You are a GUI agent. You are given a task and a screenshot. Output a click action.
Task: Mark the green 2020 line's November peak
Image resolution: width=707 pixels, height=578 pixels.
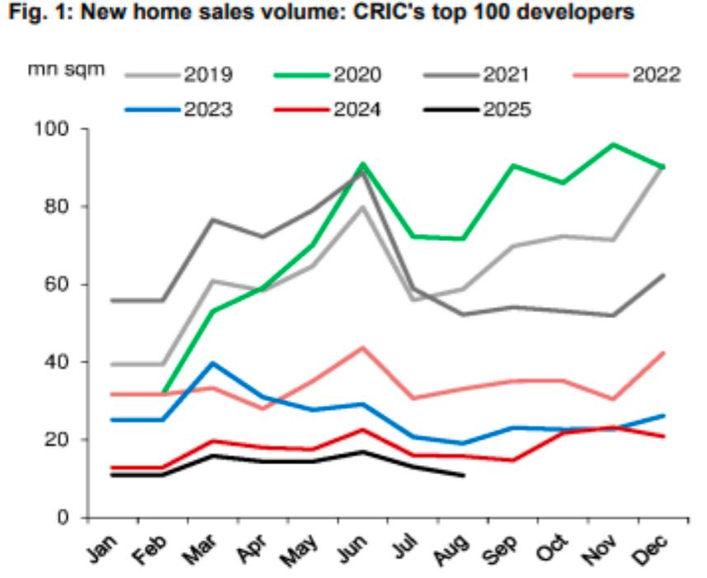coord(613,145)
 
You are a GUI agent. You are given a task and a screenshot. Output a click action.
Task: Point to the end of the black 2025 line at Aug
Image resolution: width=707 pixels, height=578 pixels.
coord(465,475)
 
